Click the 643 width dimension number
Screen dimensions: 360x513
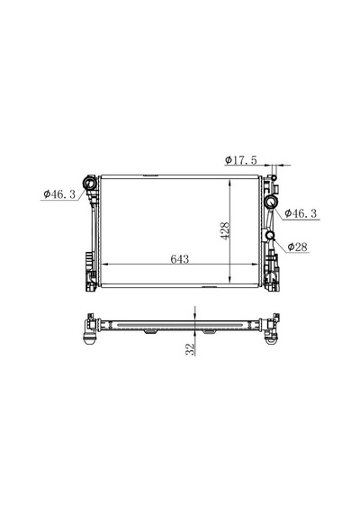(x=180, y=259)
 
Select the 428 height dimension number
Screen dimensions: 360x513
(x=225, y=231)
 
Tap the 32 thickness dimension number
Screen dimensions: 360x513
(x=190, y=349)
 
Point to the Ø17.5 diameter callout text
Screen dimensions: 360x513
(x=241, y=160)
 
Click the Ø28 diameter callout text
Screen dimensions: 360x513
(x=298, y=247)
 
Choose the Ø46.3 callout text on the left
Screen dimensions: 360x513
(x=59, y=194)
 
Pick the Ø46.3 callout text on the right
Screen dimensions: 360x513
(x=301, y=213)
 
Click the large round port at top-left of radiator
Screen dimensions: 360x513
(x=89, y=184)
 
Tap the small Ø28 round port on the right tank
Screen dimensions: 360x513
(x=270, y=235)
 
